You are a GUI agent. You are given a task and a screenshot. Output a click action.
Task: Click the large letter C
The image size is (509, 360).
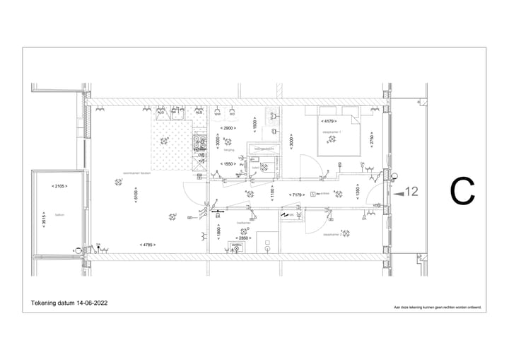coord(462,190)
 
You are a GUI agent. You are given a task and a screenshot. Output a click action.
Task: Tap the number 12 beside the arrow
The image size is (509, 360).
coord(413,191)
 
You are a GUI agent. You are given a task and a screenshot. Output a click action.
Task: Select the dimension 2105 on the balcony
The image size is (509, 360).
coord(59,186)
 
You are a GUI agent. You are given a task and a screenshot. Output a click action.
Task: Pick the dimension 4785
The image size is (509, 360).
coord(147,245)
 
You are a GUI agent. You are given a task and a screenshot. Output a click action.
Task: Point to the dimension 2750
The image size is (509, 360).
coord(372,139)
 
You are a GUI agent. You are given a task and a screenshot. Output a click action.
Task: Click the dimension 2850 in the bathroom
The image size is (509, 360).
coord(242,238)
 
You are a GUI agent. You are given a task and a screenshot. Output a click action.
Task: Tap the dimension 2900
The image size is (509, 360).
coord(228,128)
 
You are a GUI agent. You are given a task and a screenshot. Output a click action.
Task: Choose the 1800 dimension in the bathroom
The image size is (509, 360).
coord(219,231)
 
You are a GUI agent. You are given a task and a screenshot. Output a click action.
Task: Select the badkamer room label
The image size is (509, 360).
coord(244,222)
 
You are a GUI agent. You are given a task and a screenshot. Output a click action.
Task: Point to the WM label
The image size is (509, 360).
coord(218,113)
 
